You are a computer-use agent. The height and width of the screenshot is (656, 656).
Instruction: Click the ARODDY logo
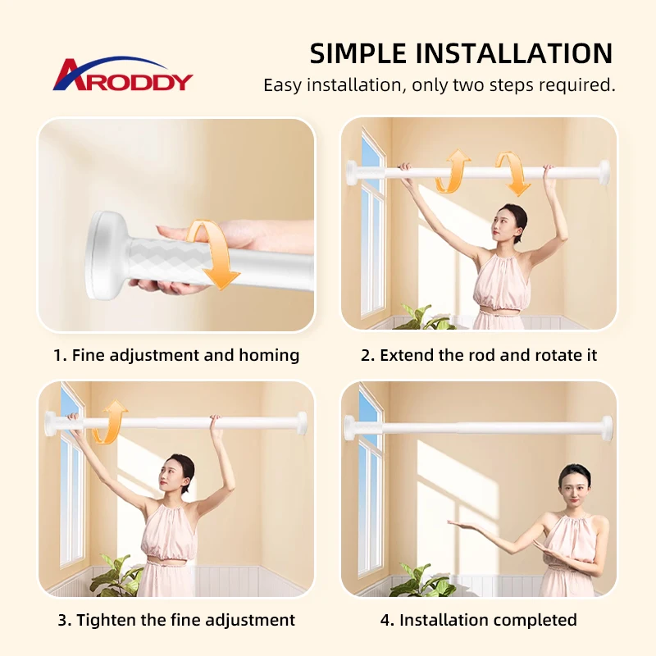click(x=123, y=75)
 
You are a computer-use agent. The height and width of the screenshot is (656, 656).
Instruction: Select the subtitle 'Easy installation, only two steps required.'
click(x=439, y=84)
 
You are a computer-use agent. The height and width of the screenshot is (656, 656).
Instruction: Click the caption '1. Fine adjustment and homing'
click(x=176, y=355)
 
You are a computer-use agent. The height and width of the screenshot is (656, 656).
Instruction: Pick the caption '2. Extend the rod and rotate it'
click(x=478, y=355)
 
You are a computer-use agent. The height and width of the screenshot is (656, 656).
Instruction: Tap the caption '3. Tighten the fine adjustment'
click(x=176, y=620)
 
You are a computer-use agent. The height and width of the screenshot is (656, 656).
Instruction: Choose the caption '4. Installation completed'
click(x=478, y=620)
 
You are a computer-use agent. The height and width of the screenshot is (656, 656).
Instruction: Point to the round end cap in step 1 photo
click(x=105, y=254)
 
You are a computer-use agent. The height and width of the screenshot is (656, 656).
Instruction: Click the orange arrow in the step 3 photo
click(x=109, y=421)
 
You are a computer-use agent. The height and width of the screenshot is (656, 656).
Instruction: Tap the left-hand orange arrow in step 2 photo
click(x=450, y=171)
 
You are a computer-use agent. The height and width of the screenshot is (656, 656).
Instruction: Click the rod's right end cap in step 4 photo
click(x=607, y=427)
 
